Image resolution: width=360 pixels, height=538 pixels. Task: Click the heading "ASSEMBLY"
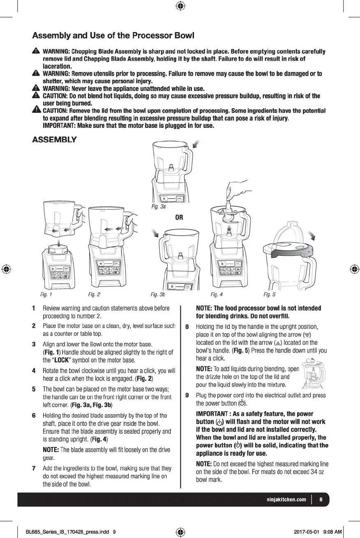click(x=54, y=139)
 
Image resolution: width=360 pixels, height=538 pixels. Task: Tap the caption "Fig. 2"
click(x=94, y=295)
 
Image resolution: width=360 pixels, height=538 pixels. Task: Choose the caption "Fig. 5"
click(x=269, y=295)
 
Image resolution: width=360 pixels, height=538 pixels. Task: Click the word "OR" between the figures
click(x=179, y=217)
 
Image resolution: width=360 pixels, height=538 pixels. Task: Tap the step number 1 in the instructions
click(x=33, y=308)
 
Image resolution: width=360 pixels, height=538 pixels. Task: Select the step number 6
click(x=33, y=415)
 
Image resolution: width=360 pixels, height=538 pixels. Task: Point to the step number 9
click(x=187, y=395)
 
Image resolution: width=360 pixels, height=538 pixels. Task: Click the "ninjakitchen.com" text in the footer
click(x=286, y=500)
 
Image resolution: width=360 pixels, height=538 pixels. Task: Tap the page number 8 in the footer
click(x=321, y=500)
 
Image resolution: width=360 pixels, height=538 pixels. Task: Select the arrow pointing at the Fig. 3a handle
click(x=197, y=144)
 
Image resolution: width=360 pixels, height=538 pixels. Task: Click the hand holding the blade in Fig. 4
click(x=238, y=190)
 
